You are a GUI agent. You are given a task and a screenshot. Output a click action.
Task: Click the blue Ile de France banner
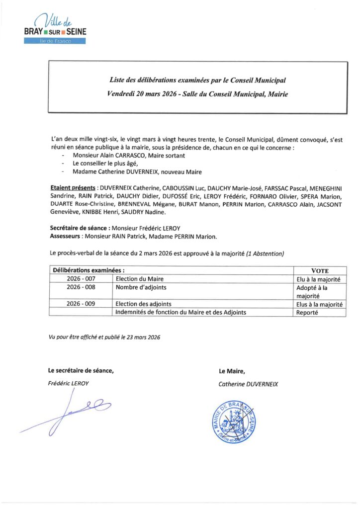pyautogui.click(x=55, y=41)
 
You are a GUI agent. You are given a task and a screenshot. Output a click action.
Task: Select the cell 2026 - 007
pyautogui.click(x=81, y=279)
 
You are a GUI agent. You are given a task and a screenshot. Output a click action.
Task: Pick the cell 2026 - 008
pyautogui.click(x=81, y=287)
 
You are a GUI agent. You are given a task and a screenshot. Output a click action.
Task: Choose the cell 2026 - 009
pyautogui.click(x=81, y=304)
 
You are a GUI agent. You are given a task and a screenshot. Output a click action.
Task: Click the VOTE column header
pyautogui.click(x=320, y=271)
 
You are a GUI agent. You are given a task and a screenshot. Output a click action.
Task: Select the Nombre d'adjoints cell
pyautogui.click(x=141, y=287)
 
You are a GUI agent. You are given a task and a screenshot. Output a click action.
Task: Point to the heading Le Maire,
pyautogui.click(x=232, y=370)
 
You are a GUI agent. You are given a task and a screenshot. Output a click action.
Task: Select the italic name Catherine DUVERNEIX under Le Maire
pyautogui.click(x=248, y=384)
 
